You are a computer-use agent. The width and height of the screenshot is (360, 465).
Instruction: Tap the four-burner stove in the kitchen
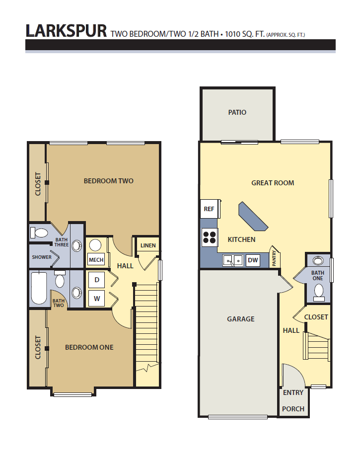click(210, 237)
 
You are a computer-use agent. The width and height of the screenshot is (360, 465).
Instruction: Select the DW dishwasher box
click(253, 260)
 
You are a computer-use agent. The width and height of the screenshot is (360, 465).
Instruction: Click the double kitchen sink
click(232, 260)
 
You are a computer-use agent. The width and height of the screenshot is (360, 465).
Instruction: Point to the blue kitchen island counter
click(253, 216)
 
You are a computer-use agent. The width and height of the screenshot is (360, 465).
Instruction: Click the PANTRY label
click(274, 258)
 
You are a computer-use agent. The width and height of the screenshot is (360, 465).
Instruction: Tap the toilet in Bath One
click(319, 293)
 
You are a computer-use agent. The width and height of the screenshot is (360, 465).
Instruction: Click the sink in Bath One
click(318, 261)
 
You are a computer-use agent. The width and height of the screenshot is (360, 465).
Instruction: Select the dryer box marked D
click(97, 280)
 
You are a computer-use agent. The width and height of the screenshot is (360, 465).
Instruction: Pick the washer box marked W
click(97, 299)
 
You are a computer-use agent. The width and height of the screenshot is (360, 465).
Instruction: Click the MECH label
click(96, 260)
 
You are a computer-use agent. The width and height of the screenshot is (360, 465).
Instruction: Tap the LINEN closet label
click(148, 245)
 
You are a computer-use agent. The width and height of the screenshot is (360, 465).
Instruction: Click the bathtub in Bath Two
click(39, 288)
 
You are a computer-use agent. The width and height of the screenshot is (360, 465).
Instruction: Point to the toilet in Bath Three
click(39, 233)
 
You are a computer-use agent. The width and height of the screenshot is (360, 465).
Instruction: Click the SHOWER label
click(42, 257)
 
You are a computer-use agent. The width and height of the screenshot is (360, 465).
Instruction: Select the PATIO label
click(237, 112)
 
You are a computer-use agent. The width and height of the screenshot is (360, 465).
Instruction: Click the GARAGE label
click(241, 319)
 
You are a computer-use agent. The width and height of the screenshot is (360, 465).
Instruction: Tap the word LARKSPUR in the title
click(67, 31)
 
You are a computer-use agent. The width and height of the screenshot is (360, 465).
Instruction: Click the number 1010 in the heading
click(233, 34)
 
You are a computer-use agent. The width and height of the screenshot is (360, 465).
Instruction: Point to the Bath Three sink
click(77, 245)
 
